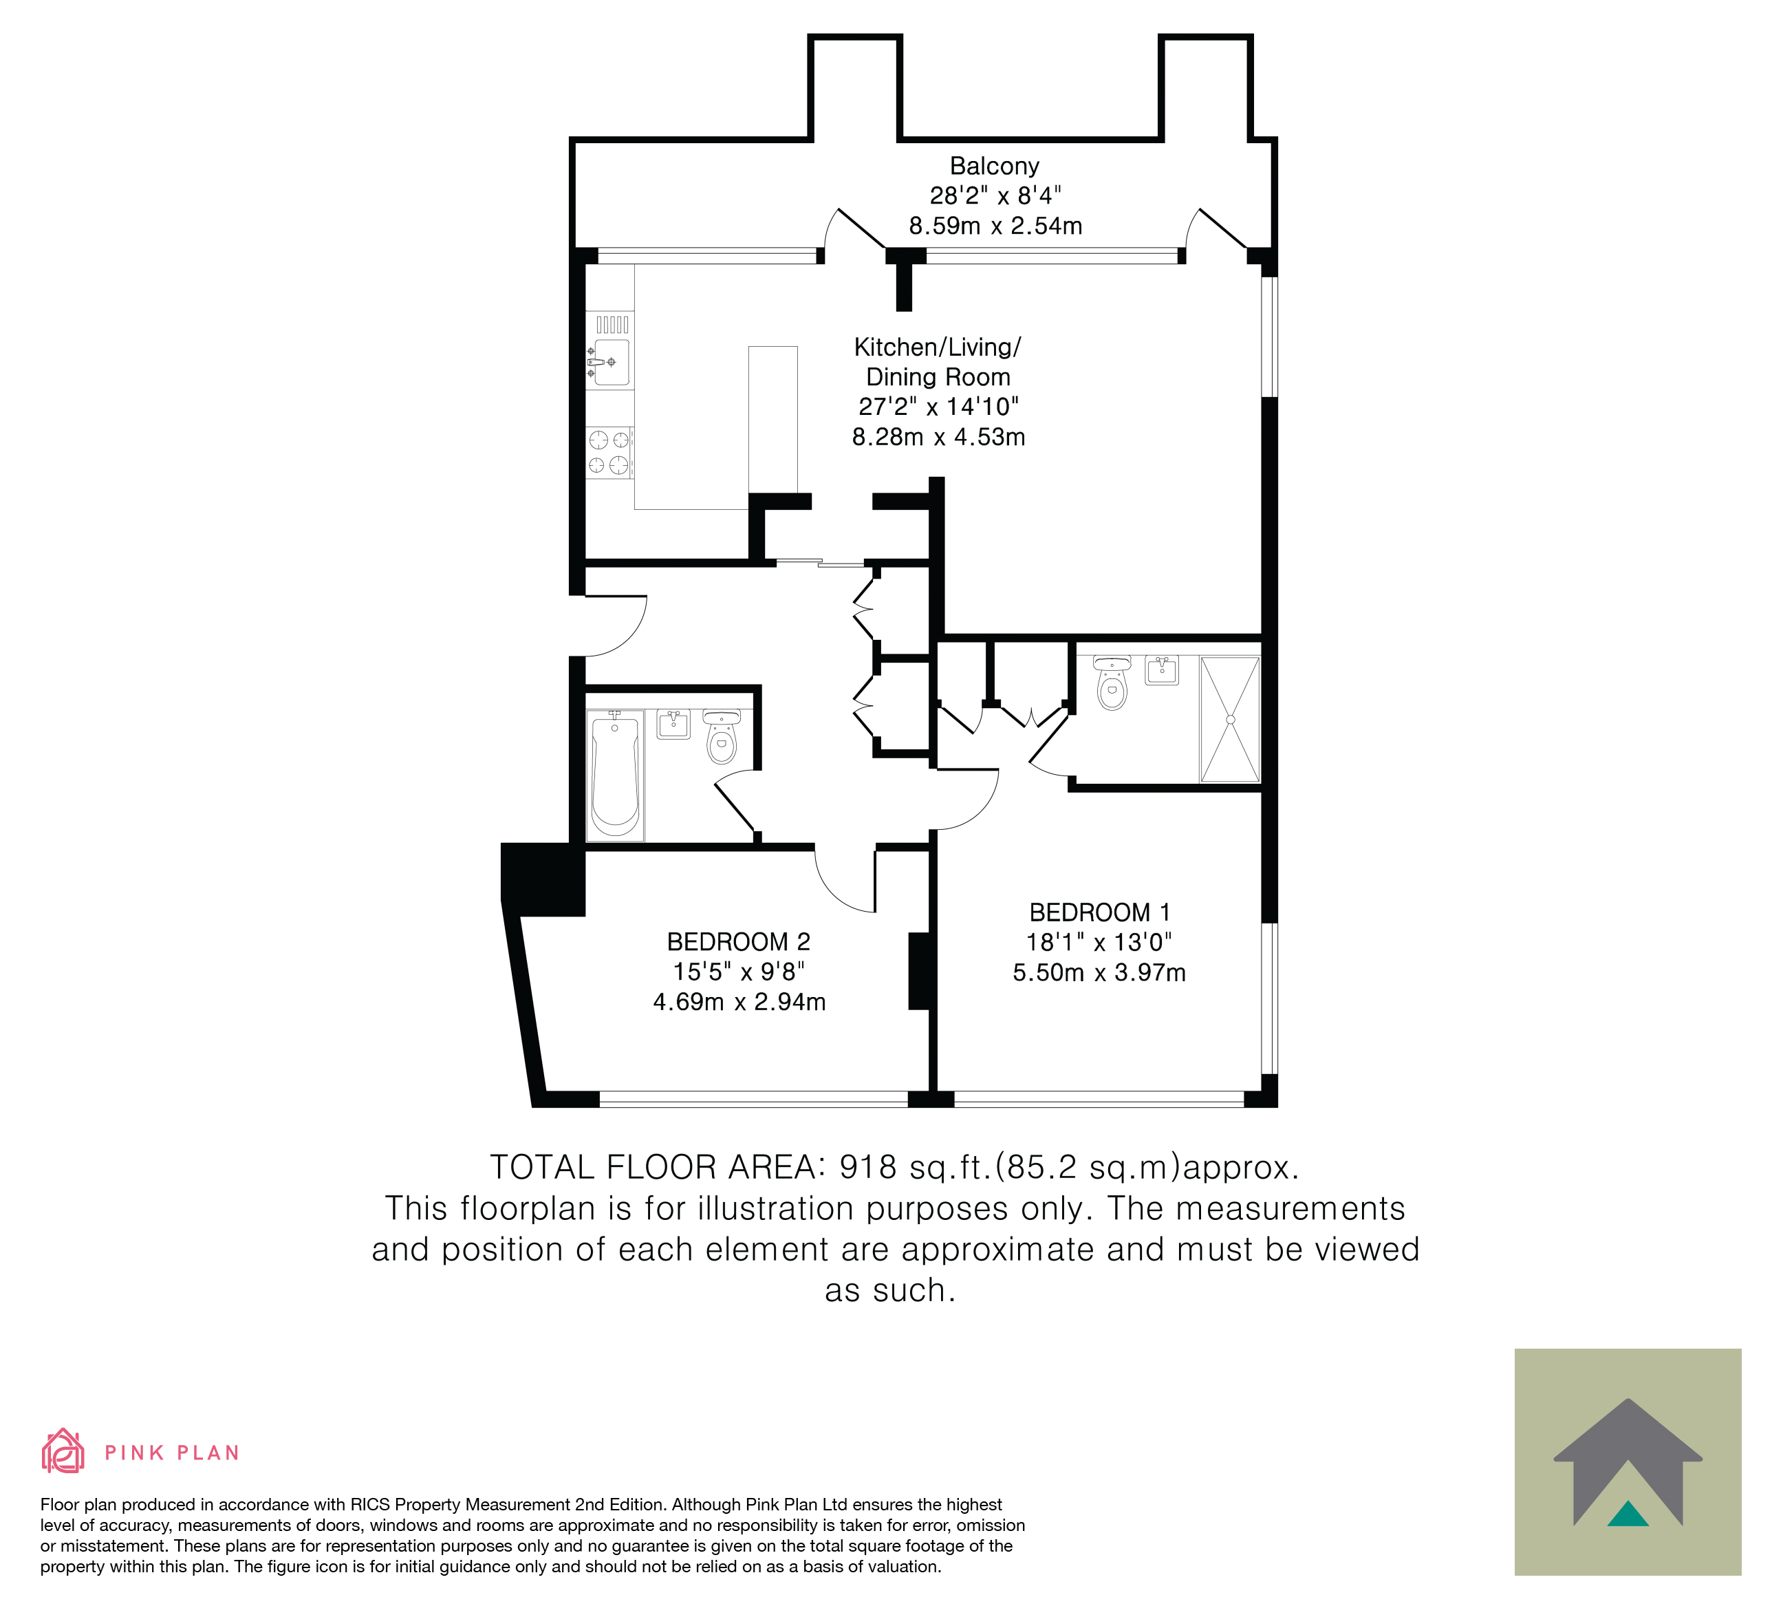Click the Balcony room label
point(994,167)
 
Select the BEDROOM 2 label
point(739,941)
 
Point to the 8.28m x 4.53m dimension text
point(938,437)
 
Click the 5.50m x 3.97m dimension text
point(1099,972)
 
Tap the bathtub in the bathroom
point(615,775)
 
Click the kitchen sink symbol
point(609,362)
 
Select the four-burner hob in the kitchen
point(609,452)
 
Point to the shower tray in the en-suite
point(1229,719)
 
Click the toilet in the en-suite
point(1112,682)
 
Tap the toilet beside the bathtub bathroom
point(722,736)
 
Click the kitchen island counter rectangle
point(773,419)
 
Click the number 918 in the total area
point(869,1167)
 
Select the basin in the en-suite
point(1161,670)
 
